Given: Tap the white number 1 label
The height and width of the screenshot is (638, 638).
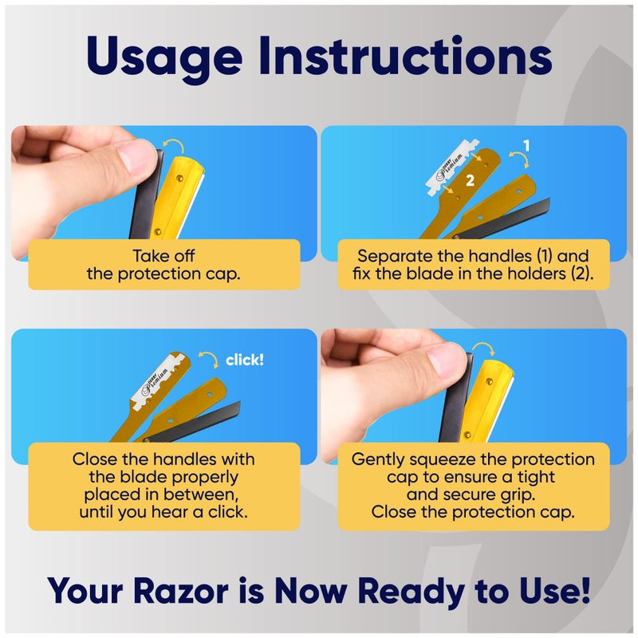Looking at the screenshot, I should (526, 145).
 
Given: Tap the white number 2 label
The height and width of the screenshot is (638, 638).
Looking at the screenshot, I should (470, 181).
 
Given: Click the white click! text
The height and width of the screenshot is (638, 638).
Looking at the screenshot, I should (244, 360).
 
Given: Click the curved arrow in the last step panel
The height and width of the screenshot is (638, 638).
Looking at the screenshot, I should (482, 349).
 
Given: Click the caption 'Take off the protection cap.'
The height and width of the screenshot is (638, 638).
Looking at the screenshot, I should (163, 265).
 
